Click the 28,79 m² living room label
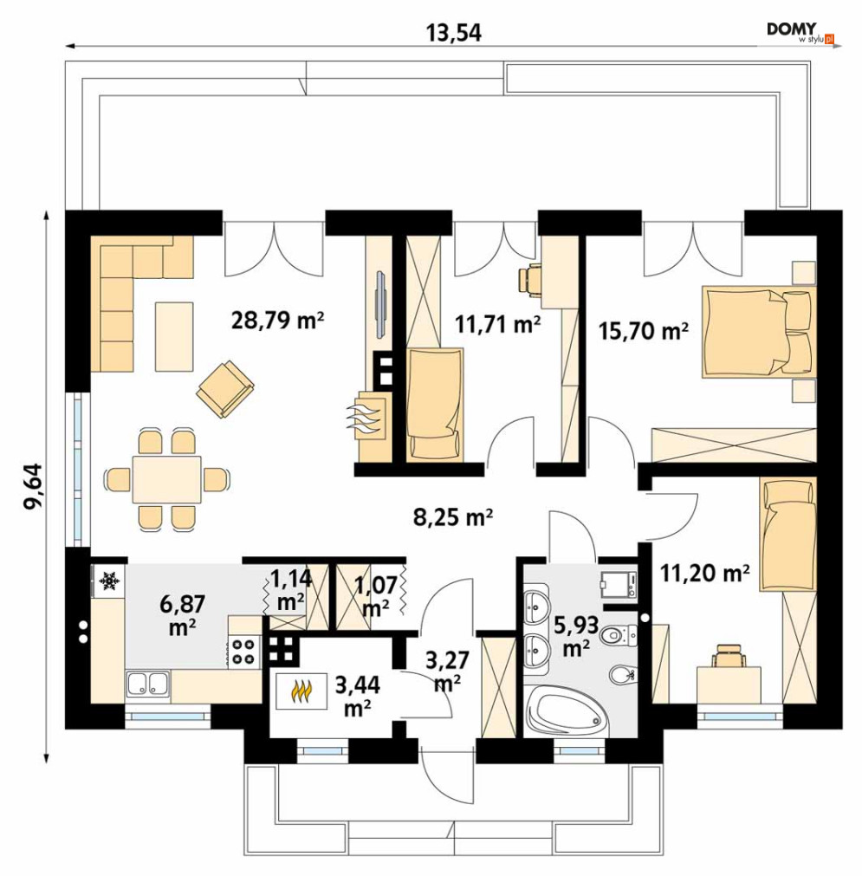coord(277,321)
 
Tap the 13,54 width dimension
coord(453,33)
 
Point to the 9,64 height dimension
coord(33,486)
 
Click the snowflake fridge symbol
coord(109,581)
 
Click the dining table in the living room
coord(166,479)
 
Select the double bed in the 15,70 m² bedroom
coord(758,332)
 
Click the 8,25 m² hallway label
coord(453,518)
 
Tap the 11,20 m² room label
coord(705,574)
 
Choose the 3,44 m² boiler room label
coord(358,696)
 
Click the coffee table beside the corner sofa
coord(174,336)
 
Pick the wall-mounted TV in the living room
coord(381,304)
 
